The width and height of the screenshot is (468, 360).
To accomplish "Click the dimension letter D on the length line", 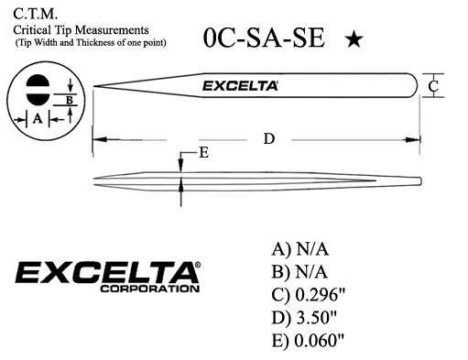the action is pyautogui.click(x=269, y=138).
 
